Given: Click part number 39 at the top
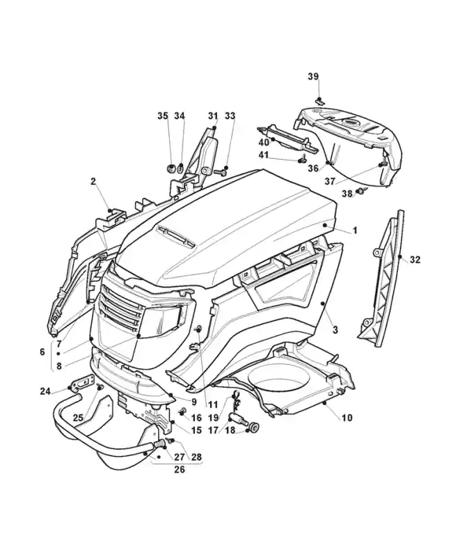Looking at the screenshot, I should pos(313,76).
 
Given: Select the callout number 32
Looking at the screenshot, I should pos(415,260).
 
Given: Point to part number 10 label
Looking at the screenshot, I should pos(347,418).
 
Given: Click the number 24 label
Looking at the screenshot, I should pos(45,391).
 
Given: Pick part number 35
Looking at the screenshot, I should pos(162,116).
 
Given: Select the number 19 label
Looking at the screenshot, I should pos(213,418).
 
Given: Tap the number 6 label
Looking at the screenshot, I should pos(42,352).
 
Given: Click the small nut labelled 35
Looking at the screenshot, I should pos(169,168).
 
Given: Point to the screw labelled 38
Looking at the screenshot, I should pos(361,189).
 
